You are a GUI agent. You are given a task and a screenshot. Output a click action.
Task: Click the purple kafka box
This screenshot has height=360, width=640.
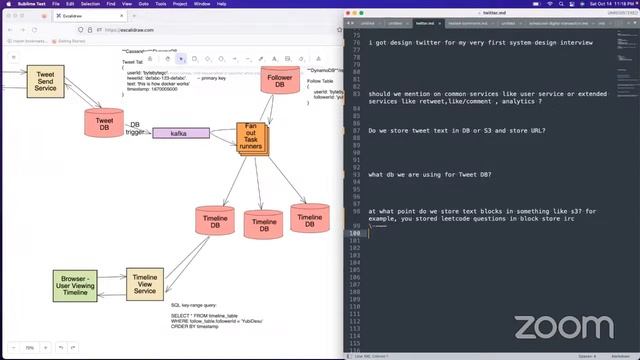tap(180, 133)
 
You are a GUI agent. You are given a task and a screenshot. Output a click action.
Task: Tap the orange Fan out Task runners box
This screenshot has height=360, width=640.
tap(258, 137)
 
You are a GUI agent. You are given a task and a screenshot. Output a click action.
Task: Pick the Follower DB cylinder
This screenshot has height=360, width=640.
tap(281, 79)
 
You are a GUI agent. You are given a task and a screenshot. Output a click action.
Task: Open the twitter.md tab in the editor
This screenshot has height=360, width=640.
tap(425, 21)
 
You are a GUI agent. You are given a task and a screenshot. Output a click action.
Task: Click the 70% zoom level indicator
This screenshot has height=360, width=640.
tap(30, 347)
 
